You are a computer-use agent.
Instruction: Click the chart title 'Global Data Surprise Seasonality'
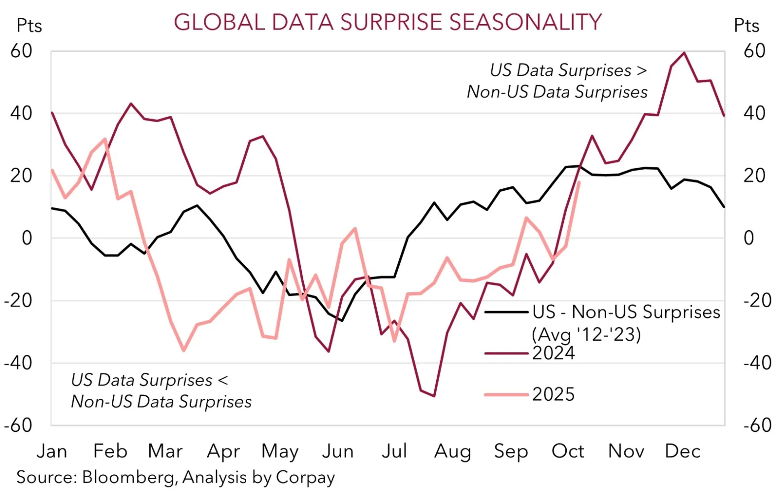[x=388, y=22]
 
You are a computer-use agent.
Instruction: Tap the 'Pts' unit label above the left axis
[x=29, y=26]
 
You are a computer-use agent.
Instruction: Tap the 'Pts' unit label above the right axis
[x=746, y=26]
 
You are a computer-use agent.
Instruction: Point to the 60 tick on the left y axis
[x=21, y=51]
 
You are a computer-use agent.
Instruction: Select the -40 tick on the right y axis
[x=757, y=363]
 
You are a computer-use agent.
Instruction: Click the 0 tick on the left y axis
[x=27, y=238]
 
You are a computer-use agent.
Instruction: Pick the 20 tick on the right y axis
[x=754, y=176]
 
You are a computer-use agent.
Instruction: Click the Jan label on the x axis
[x=52, y=451]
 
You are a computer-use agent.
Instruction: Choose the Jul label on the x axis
[x=394, y=451]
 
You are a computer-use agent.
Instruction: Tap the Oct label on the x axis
[x=568, y=451]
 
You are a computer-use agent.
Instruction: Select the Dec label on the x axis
[x=682, y=451]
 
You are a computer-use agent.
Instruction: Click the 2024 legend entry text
[x=553, y=353]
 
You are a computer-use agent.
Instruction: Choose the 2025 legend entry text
[x=553, y=394]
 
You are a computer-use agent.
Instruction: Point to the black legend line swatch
[x=506, y=312]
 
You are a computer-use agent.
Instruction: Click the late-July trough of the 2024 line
[x=434, y=396]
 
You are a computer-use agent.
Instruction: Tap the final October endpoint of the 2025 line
[x=579, y=182]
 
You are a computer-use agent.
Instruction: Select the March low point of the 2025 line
[x=184, y=351]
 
